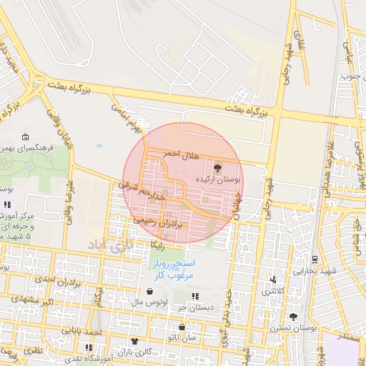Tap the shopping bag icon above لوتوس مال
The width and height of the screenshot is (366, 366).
point(150,292)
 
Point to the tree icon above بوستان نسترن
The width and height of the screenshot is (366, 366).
point(293,317)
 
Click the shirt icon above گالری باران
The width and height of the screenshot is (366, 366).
point(134,342)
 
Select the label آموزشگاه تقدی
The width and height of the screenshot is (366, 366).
point(86,357)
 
